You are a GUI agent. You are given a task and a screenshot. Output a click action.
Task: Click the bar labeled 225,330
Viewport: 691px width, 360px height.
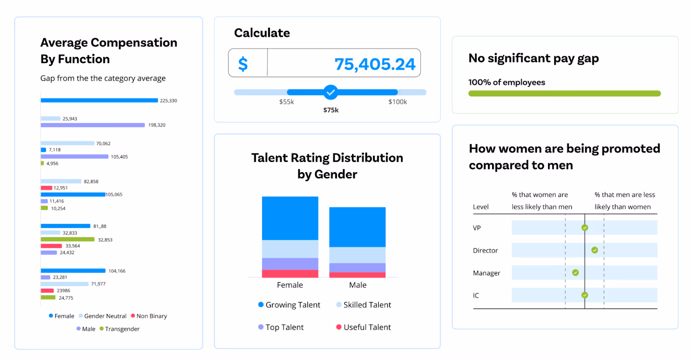99,101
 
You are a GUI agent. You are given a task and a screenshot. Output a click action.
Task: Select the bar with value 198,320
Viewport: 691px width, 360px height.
92,125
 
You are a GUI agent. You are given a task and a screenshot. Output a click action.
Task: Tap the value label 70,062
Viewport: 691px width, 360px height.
103,144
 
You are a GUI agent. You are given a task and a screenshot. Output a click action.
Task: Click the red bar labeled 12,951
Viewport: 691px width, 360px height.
46,188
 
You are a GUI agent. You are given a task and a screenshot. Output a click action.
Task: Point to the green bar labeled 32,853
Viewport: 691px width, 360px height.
67,240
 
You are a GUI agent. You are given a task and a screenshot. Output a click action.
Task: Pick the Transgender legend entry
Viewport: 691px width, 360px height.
120,329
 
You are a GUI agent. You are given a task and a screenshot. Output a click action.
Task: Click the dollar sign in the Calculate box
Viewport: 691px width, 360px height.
243,64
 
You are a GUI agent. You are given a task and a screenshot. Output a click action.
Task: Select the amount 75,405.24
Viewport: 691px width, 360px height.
374,64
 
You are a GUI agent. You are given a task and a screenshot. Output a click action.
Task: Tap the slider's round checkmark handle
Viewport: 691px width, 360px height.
331,92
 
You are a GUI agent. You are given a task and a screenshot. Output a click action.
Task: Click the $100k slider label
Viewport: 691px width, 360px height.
397,102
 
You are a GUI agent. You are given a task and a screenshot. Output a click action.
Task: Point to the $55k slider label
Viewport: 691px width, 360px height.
286,102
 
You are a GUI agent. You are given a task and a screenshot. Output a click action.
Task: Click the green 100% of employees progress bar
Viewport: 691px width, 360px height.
564,94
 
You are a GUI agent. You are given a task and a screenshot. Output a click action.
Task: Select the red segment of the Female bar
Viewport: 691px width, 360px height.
290,274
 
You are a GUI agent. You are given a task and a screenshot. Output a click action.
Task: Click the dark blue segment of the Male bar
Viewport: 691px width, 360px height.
357,227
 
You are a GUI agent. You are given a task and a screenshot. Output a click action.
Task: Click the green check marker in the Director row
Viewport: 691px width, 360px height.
595,250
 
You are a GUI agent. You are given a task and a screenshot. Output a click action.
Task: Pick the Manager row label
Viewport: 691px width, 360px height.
486,273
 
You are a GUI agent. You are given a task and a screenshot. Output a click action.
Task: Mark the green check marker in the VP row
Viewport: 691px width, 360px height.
585,228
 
